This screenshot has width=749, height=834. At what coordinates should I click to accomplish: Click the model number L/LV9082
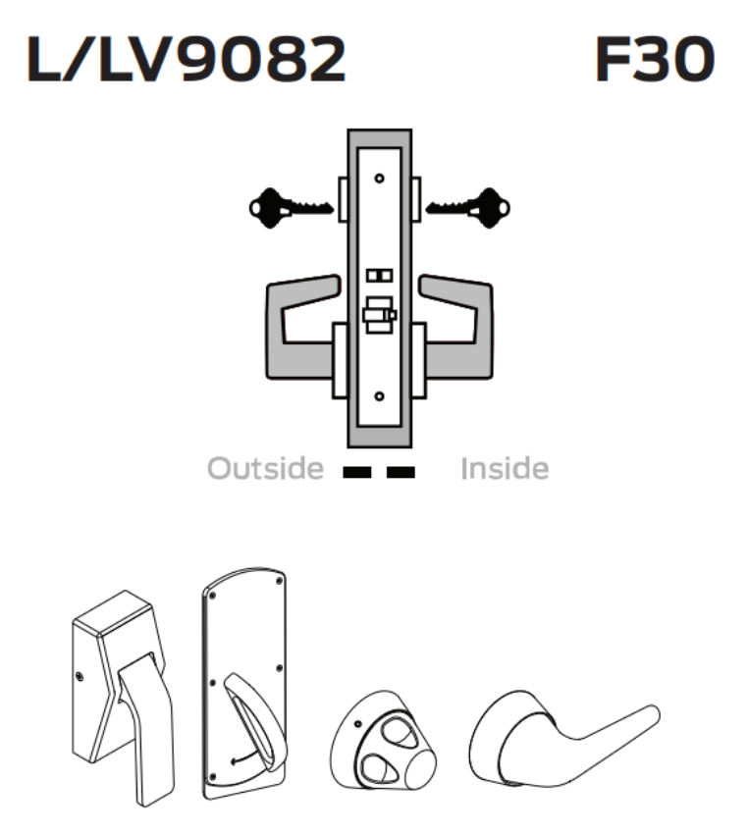[x=187, y=61]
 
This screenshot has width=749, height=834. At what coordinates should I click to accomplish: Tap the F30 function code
[x=654, y=61]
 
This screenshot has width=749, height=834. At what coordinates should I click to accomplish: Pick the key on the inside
[x=468, y=206]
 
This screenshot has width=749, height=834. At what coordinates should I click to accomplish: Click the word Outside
[x=264, y=469]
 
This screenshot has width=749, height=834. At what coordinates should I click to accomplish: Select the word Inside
[x=505, y=469]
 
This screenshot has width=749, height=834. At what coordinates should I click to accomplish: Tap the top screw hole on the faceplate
[x=379, y=180]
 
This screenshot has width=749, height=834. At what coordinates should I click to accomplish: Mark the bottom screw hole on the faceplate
[x=379, y=398]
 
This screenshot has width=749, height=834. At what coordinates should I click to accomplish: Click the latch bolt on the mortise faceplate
[x=377, y=316]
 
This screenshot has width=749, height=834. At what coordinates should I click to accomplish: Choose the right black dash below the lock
[x=401, y=472]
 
